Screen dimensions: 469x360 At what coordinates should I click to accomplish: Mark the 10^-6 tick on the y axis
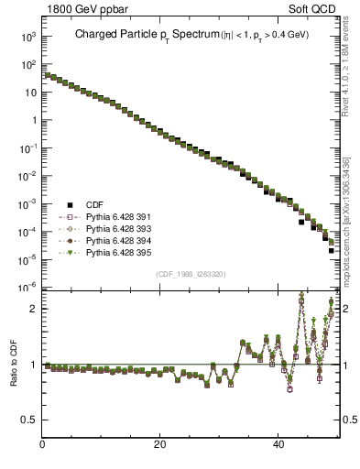tap(29, 288)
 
